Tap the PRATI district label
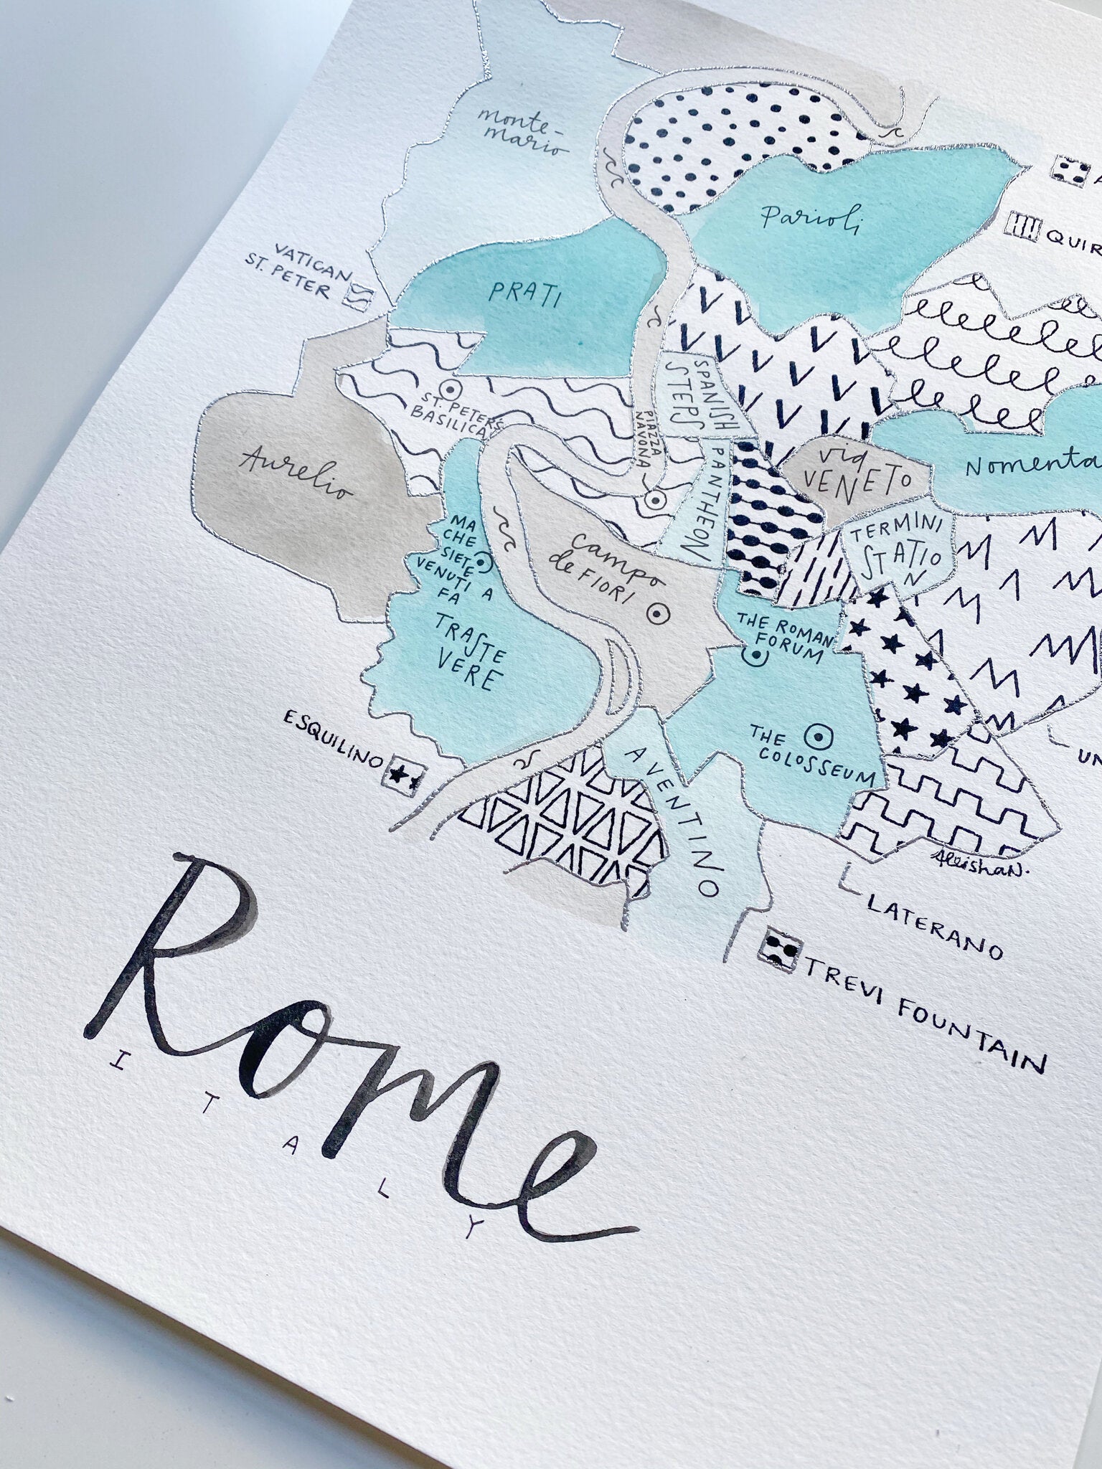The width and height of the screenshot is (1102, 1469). pos(523,293)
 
